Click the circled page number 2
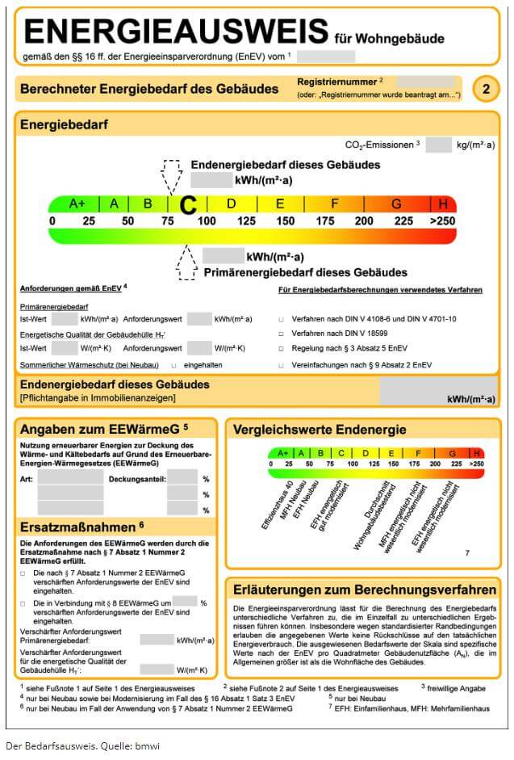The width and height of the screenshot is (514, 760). pyautogui.click(x=486, y=89)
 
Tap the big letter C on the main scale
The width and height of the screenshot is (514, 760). pyautogui.click(x=188, y=204)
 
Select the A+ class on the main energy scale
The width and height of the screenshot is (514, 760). pyautogui.click(x=77, y=204)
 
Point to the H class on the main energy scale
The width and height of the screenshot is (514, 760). pyautogui.click(x=443, y=204)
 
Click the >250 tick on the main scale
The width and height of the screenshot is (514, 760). pyautogui.click(x=443, y=220)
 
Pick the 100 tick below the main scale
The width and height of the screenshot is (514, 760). pyautogui.click(x=207, y=220)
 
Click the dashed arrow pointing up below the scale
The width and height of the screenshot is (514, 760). pyautogui.click(x=187, y=262)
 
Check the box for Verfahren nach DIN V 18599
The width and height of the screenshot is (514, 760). pyautogui.click(x=282, y=334)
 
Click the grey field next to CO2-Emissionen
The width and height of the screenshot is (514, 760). pyautogui.click(x=438, y=145)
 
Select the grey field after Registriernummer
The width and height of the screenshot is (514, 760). pyautogui.click(x=424, y=82)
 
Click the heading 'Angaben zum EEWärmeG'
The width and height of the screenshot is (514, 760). pyautogui.click(x=104, y=428)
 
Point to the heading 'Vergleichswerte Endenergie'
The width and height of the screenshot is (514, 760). pyautogui.click(x=320, y=430)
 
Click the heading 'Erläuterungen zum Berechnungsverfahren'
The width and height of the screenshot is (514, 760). pyautogui.click(x=364, y=590)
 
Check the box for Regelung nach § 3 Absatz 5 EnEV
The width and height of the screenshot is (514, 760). pyautogui.click(x=282, y=350)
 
